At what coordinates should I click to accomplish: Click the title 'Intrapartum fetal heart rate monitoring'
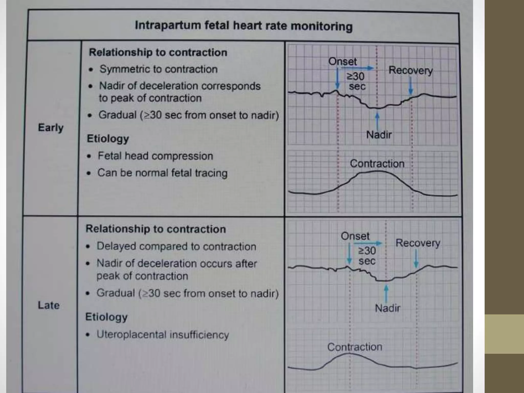(243, 26)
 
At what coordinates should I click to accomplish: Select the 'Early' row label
(50, 127)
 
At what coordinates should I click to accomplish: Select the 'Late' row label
(49, 305)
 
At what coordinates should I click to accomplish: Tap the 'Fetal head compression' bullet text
(155, 156)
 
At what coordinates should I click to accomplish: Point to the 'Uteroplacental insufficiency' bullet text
(163, 335)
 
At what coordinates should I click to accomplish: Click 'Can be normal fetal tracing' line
(162, 173)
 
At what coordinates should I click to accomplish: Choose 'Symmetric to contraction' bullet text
(158, 69)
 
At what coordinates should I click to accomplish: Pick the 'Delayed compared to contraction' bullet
(176, 246)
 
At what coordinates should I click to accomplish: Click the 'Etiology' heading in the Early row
(108, 139)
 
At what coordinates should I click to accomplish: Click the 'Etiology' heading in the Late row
(106, 317)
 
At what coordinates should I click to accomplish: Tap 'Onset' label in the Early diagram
(342, 61)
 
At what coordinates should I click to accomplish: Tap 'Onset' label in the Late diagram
(355, 236)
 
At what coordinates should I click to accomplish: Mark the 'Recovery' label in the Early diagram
(410, 70)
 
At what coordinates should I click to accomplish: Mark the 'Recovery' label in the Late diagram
(418, 243)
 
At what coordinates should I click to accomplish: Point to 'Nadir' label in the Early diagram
(379, 135)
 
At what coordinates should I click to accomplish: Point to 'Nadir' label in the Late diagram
(387, 308)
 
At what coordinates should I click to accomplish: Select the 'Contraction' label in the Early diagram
(377, 164)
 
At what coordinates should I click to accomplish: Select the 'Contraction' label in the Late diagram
(355, 347)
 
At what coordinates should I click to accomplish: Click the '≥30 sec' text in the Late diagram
(367, 256)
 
